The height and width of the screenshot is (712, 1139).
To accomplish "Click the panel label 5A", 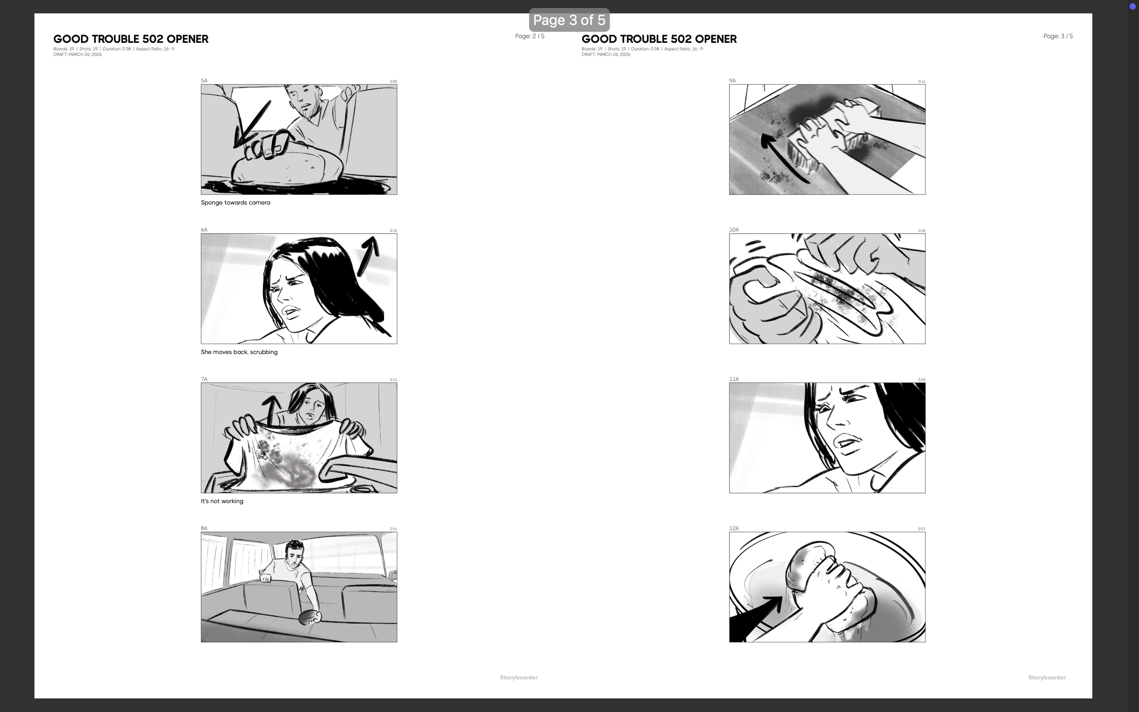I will [204, 81].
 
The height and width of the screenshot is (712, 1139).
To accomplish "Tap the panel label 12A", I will [734, 528].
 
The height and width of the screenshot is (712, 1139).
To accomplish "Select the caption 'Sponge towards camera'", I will [236, 203].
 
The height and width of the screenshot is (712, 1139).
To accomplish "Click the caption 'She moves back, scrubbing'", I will [239, 352].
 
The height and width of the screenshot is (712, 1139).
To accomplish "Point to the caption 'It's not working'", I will [222, 501].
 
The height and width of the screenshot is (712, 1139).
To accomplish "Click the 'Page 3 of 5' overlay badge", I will [569, 20].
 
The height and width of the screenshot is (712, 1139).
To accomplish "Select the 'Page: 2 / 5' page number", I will [529, 36].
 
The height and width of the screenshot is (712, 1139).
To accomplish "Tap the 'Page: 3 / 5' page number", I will [1057, 36].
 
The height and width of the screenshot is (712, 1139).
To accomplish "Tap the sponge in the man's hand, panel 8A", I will [309, 617].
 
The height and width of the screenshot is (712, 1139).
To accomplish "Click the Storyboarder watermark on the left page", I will [518, 677].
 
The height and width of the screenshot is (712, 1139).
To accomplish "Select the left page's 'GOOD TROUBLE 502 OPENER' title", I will [130, 39].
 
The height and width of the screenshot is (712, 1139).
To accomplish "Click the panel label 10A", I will [734, 230].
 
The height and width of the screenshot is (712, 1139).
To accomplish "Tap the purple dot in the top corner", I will [1133, 6].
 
